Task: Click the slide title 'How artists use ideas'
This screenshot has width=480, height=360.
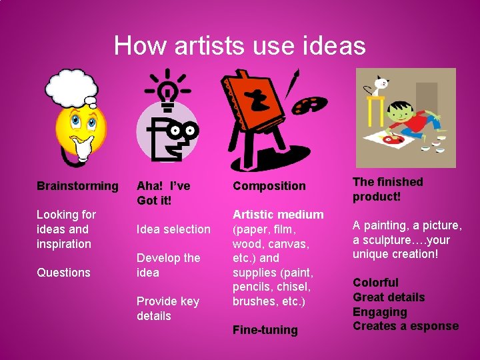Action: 240,45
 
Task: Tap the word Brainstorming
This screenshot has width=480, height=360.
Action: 77,186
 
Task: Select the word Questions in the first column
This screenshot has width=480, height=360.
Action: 63,272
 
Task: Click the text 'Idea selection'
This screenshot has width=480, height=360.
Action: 173,229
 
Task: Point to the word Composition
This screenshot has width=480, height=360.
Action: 269,186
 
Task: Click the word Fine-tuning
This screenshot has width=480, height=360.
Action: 265,330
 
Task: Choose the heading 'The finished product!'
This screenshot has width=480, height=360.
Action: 388,189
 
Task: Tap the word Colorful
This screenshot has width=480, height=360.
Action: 375,283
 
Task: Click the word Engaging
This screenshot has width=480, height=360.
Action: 379,312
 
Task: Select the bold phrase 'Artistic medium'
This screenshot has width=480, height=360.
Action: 278,215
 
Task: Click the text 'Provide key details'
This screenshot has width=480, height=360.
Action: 167,308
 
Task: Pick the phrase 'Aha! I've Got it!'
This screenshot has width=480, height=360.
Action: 163,193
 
